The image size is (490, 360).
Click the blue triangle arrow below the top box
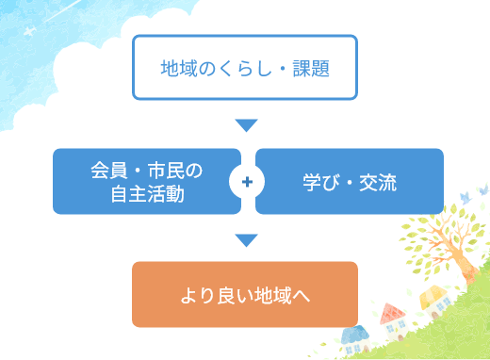(x=246, y=125)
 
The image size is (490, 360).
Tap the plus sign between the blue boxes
(x=247, y=181)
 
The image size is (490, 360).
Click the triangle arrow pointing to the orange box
(x=246, y=240)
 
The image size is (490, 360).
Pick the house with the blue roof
(x=353, y=335)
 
